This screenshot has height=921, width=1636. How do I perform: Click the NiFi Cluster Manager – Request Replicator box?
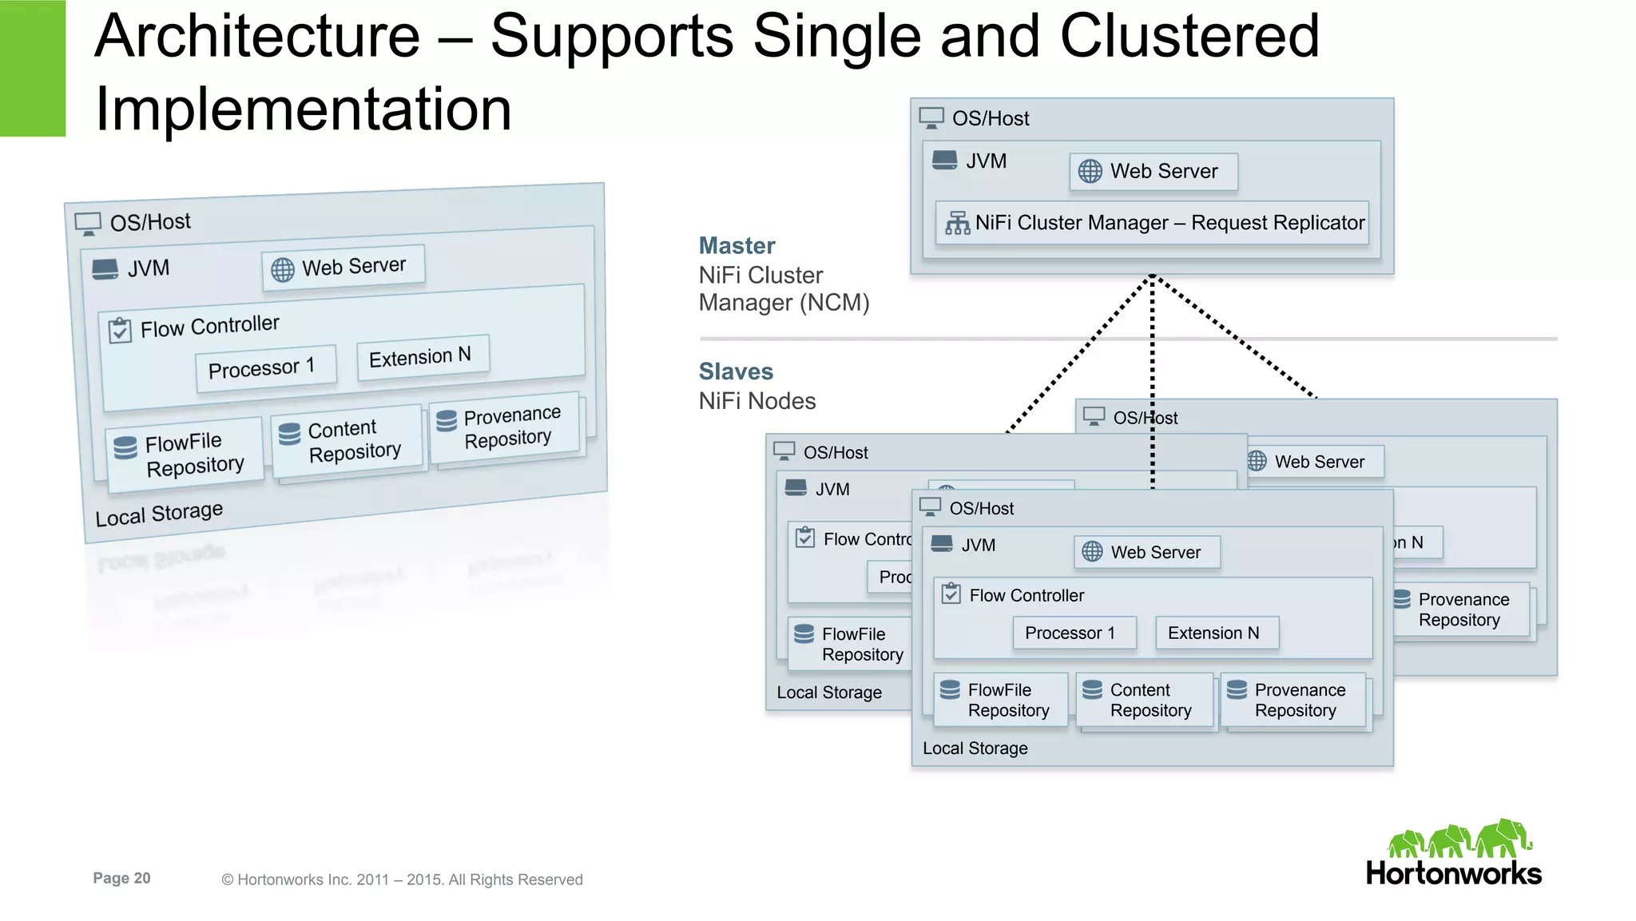[1152, 223]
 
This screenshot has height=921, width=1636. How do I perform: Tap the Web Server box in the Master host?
[1154, 172]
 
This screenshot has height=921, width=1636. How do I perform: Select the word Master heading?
[737, 245]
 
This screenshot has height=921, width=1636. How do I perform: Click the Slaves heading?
[736, 371]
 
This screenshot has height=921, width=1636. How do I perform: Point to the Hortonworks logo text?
[1453, 873]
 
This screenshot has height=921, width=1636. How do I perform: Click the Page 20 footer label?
[121, 878]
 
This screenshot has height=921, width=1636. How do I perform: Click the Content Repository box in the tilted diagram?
[347, 441]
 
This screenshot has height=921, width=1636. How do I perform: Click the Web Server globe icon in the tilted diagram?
[282, 270]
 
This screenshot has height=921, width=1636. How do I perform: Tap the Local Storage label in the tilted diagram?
[159, 513]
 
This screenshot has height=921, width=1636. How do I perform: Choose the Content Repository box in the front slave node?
[1145, 701]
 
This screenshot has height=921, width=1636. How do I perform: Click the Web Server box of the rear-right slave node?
[1316, 462]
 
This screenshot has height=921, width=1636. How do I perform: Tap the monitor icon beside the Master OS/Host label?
[931, 118]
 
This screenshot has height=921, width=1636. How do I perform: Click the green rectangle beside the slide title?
[32, 68]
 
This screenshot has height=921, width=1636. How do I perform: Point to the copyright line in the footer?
[402, 879]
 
